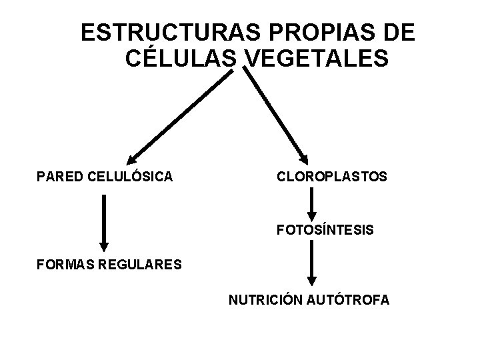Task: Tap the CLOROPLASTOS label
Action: [x=331, y=177]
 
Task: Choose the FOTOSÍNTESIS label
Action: [x=325, y=231]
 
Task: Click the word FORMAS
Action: [x=65, y=265]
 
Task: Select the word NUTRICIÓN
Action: [x=265, y=301]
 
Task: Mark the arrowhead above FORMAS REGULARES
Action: [x=103, y=245]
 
